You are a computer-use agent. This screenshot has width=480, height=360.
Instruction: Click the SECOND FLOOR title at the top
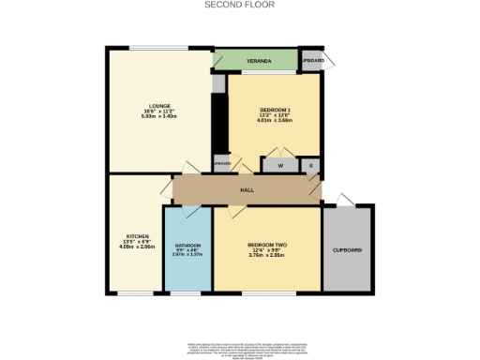click(240, 5)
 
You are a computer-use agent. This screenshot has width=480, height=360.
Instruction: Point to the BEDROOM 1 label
click(276, 111)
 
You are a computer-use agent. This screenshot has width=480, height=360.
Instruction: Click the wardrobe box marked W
click(280, 166)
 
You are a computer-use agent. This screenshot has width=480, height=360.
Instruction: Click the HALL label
click(247, 189)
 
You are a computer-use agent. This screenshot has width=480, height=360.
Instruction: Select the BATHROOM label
click(188, 245)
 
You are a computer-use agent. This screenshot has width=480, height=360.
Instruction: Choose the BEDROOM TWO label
click(266, 245)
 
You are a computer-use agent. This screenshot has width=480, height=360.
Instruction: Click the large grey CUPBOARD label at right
click(347, 250)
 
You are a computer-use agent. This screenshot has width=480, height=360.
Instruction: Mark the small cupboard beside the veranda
click(312, 61)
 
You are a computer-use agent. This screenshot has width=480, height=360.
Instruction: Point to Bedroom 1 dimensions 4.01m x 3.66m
click(276, 121)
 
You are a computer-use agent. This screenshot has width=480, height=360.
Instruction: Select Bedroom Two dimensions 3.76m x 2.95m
click(266, 256)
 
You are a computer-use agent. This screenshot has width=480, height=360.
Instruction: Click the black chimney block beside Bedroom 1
click(220, 122)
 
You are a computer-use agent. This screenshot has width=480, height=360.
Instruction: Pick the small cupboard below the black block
click(221, 164)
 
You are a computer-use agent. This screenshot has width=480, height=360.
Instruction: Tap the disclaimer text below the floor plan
click(240, 350)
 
